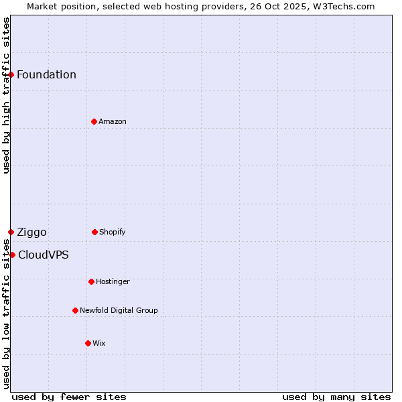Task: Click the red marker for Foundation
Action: pos(11,74)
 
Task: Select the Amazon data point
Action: pos(94,121)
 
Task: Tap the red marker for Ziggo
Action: pos(11,232)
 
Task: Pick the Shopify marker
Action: pos(94,232)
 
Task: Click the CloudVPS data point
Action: pos(12,255)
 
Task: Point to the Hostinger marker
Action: pos(91,281)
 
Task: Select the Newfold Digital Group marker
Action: pos(75,310)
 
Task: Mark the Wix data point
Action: pos(88,343)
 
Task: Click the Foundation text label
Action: pos(46,74)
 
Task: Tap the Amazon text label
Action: pos(113,121)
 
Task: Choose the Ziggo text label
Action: pos(31,232)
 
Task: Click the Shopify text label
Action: pos(113,232)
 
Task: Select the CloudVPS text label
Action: pos(43,255)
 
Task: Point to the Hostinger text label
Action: pos(113,281)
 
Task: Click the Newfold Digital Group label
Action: pos(119,310)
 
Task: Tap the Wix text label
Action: pos(99,343)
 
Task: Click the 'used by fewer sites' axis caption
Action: pos(69,397)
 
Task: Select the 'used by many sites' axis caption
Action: pos(336,397)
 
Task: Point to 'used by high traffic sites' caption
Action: pos(6,95)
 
